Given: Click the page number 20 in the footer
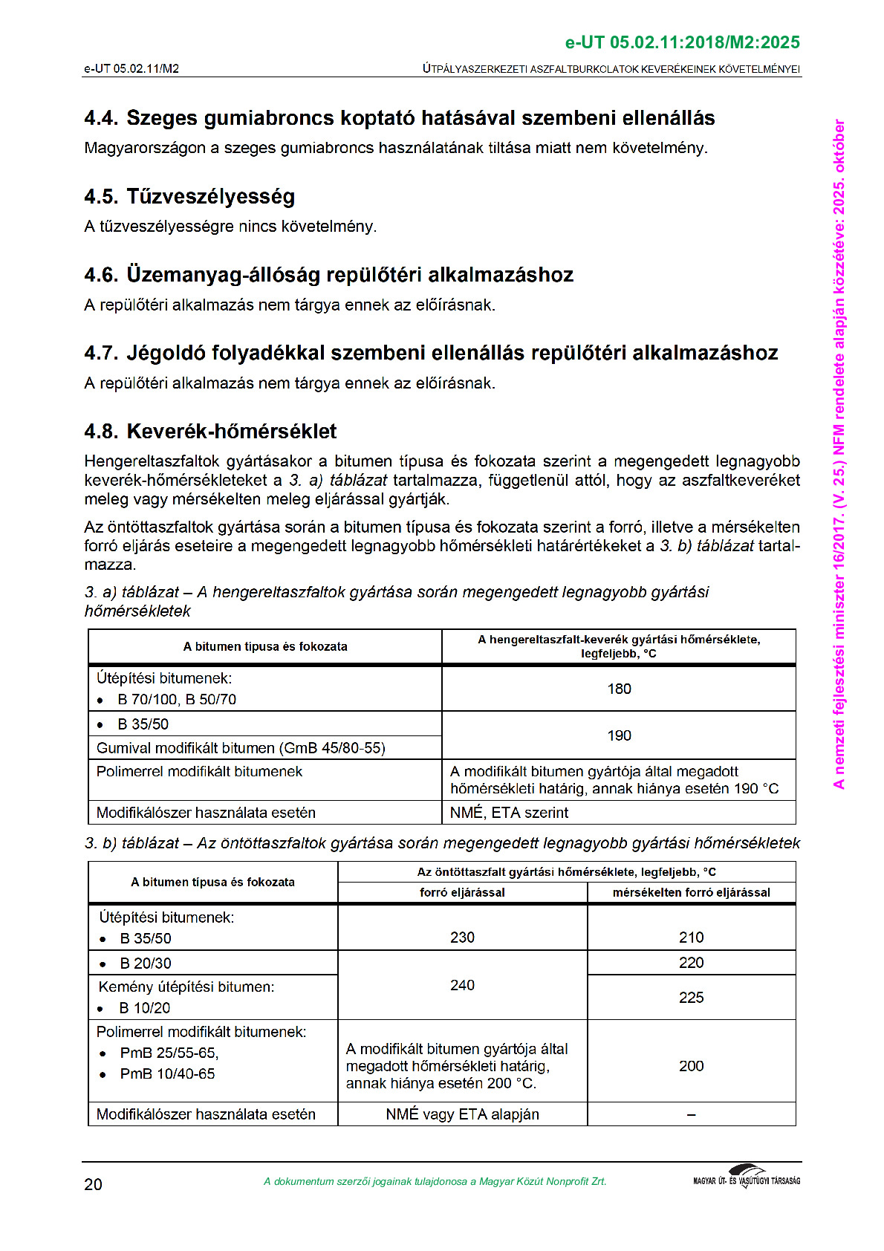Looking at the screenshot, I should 93,1184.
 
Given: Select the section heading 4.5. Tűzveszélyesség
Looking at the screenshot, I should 189,196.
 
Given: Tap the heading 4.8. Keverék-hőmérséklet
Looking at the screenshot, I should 210,431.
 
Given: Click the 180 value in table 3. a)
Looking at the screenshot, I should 619,689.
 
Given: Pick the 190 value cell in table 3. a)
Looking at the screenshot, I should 619,735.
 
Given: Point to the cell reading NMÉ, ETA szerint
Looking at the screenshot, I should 509,813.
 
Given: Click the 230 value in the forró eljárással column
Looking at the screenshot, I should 462,938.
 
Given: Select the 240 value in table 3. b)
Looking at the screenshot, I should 462,985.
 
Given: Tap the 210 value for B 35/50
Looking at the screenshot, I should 691,938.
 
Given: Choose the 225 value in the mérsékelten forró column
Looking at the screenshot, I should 691,998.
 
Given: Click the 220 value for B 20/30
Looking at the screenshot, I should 691,963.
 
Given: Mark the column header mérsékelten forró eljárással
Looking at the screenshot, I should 691,892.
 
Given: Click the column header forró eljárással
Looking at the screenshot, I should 462,892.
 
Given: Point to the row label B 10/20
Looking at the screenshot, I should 145,1008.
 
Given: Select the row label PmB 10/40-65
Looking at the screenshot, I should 167,1073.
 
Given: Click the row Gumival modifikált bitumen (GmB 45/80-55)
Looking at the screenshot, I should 241,748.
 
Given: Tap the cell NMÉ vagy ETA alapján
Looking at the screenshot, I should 462,1114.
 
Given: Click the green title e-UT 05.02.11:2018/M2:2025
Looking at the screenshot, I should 682,42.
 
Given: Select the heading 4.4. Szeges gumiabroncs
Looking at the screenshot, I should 400,118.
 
